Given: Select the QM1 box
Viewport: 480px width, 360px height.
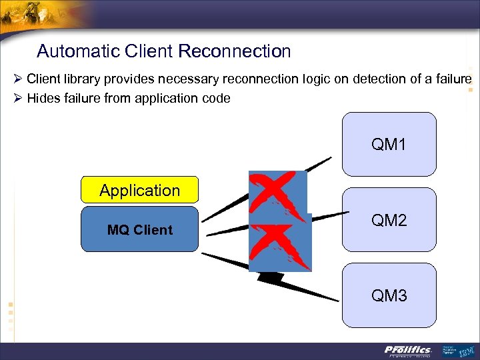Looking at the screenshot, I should tap(389, 144).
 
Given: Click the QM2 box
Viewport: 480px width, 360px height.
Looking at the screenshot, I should tap(389, 220).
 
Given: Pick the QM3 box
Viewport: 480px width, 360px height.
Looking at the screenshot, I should tap(389, 294).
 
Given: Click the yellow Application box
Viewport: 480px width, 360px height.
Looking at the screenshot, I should tap(139, 190).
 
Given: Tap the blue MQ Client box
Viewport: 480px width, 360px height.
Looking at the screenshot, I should tap(139, 229).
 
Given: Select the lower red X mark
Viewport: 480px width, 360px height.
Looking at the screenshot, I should tap(279, 245).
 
